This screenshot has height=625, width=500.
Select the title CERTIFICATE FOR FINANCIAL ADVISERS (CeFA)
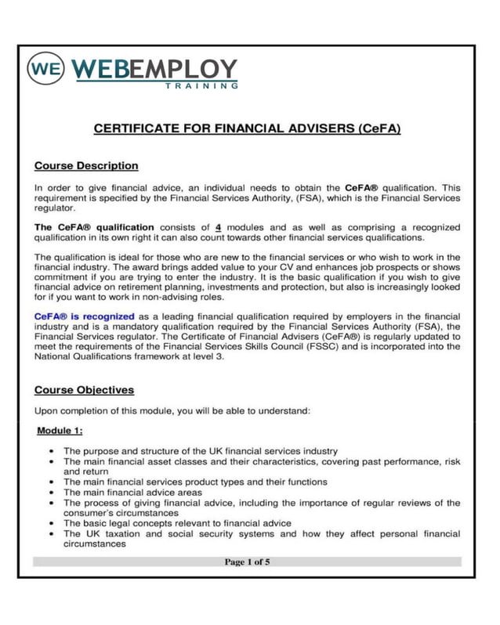click(x=248, y=128)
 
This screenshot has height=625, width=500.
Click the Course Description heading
click(x=86, y=166)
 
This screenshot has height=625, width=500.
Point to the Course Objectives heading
click(x=85, y=390)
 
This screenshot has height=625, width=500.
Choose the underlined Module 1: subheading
click(x=60, y=431)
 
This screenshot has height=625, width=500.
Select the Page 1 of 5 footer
click(x=248, y=562)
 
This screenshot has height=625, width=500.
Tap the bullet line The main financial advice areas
click(x=132, y=493)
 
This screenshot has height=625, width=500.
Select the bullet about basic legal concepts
click(x=177, y=522)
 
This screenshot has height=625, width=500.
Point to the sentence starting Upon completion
click(x=173, y=410)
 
